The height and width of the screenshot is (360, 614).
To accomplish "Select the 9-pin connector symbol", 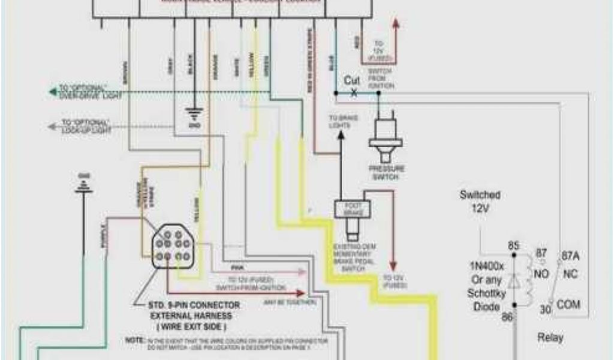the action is [172, 246].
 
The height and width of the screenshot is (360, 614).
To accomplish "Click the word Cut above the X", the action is [352, 80].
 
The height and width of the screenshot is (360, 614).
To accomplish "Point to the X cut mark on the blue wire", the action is [353, 93].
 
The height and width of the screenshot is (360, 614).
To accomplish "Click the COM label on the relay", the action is [568, 304].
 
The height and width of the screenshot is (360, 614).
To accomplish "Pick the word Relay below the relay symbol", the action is [550, 338].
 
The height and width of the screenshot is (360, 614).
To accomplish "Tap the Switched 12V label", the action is [480, 200].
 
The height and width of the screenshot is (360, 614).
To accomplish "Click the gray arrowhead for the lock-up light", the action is [51, 126].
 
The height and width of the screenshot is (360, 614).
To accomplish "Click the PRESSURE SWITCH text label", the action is [387, 173].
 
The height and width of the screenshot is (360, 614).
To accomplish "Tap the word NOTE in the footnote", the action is [132, 340].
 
